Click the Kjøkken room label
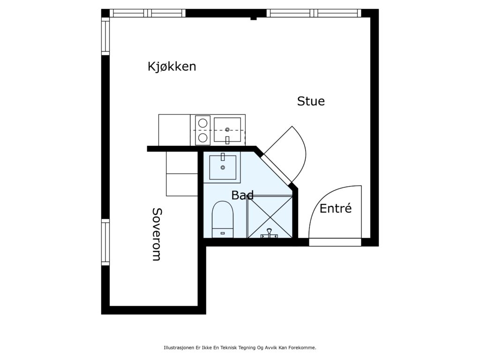(172, 67)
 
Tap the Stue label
(311, 101)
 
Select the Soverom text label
(157, 234)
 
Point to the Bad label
(242, 195)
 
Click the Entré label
(336, 209)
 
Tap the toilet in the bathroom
(223, 219)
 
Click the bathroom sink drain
(223, 167)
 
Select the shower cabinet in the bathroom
(270, 217)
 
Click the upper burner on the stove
(202, 123)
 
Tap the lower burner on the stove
(202, 138)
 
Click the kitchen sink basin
(227, 130)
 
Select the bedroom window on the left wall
(105, 242)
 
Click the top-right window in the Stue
(314, 13)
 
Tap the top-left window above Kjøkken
(148, 13)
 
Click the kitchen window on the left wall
(105, 37)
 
